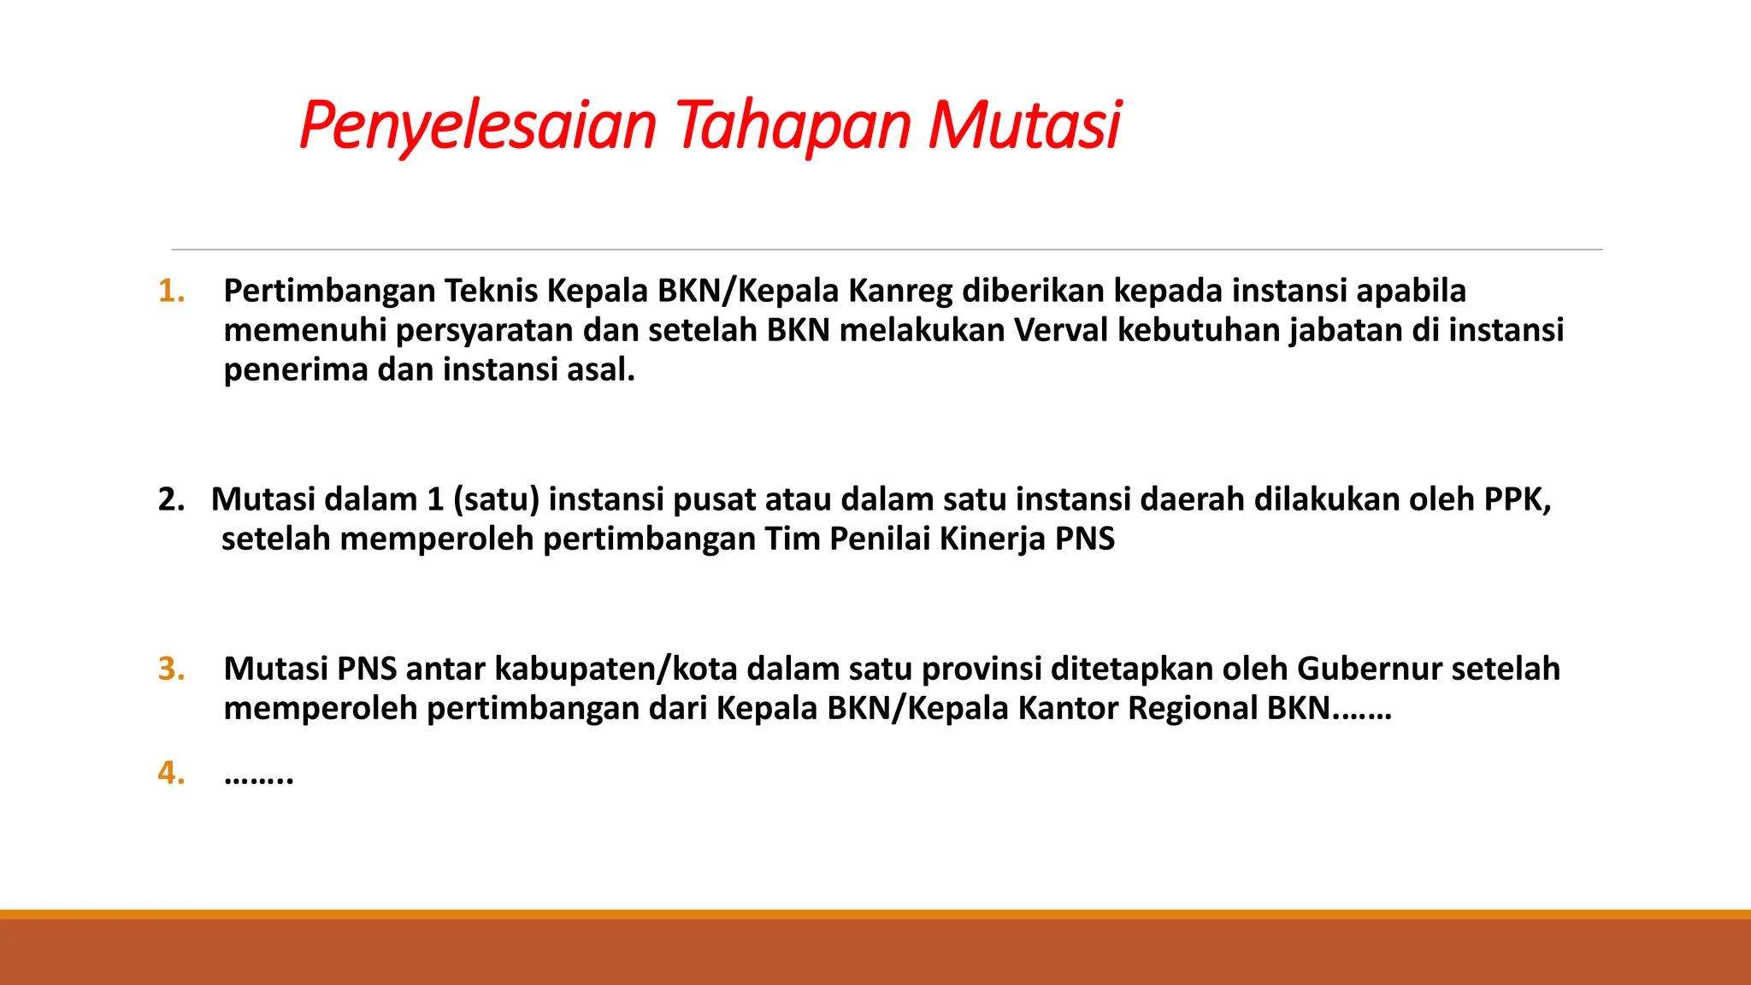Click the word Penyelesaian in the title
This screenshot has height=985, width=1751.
[x=477, y=127]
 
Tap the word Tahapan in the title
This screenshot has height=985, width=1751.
[x=794, y=127]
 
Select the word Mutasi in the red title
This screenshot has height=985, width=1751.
[x=1024, y=127]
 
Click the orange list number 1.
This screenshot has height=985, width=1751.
[x=171, y=292]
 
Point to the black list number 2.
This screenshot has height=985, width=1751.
[x=171, y=499]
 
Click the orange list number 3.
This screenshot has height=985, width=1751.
[x=171, y=669]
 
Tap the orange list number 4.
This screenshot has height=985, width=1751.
[x=171, y=773]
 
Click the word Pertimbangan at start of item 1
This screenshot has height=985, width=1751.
[x=329, y=292]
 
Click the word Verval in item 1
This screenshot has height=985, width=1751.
[x=1060, y=330]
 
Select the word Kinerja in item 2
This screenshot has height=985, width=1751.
[x=992, y=540]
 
